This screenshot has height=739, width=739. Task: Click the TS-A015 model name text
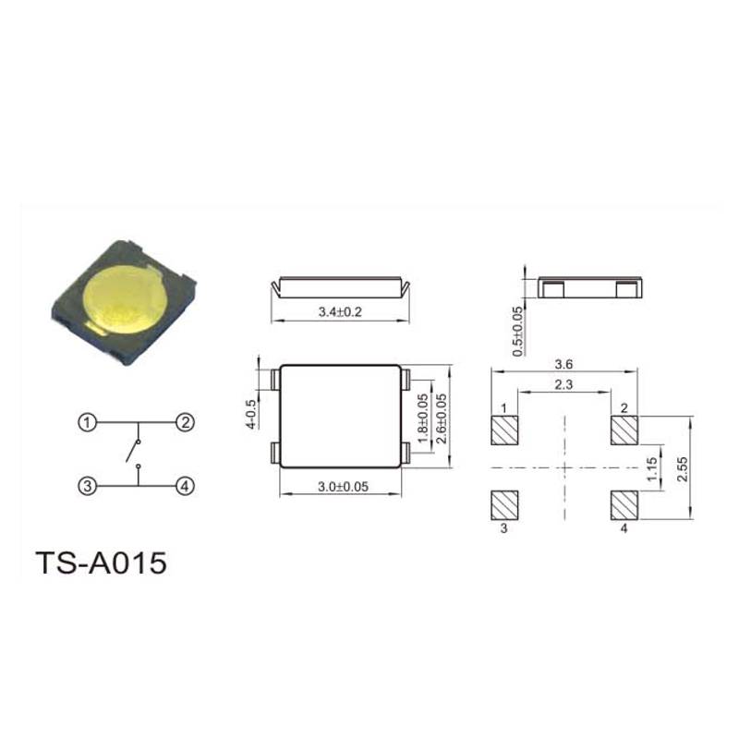click(101, 563)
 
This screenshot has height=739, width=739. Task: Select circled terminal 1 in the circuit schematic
click(87, 422)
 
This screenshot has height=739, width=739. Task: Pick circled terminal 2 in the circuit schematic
click(186, 422)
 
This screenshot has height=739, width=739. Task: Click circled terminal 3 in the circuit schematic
click(87, 486)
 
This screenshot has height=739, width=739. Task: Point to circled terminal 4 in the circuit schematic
click(186, 486)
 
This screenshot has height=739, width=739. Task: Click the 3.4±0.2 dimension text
click(340, 311)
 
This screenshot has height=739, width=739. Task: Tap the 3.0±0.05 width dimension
click(343, 487)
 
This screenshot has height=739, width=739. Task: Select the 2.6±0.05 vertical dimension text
click(442, 418)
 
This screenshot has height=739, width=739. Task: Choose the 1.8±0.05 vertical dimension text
click(423, 418)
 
